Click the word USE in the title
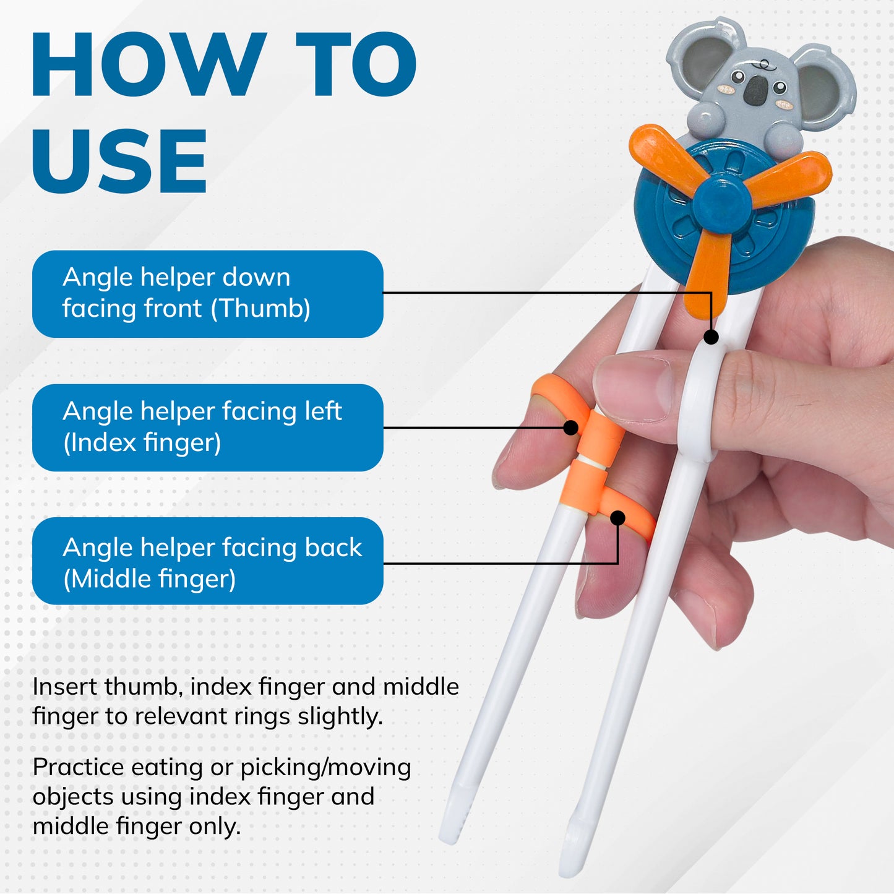tap(119, 160)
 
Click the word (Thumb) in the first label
tap(260, 309)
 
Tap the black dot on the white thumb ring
tap(711, 337)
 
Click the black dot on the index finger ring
tap(570, 428)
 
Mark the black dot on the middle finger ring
tap(617, 518)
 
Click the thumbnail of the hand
tap(634, 387)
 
